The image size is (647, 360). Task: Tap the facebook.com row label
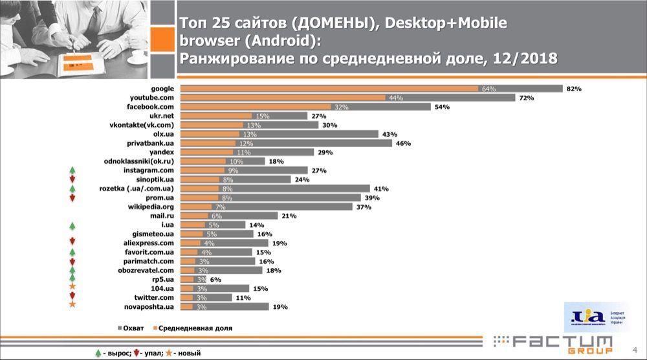click(x=153, y=107)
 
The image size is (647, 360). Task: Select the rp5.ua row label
click(x=163, y=279)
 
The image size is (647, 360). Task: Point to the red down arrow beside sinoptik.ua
click(x=72, y=179)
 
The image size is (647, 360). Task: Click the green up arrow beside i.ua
click(x=72, y=226)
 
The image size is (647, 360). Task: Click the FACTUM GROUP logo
click(x=553, y=343)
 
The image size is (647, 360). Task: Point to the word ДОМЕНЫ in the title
click(x=329, y=24)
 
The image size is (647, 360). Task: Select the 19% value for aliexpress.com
click(x=261, y=243)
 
